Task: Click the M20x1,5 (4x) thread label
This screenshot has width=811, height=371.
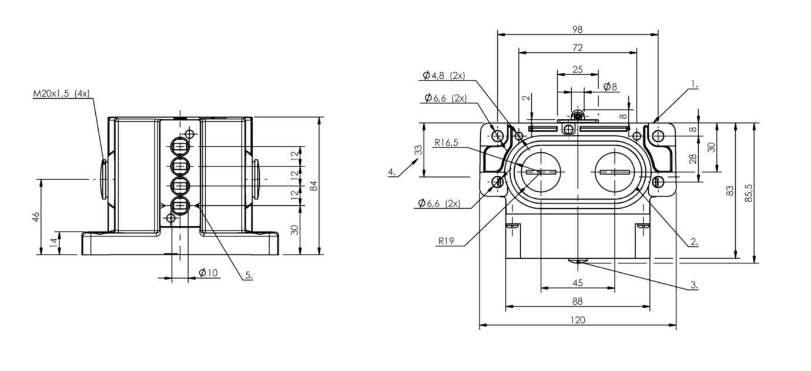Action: [x=61, y=93]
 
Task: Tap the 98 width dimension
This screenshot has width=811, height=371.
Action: [x=578, y=29]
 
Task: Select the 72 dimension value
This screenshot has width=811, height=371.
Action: [x=578, y=48]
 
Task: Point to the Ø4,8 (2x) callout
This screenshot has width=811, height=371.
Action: [x=444, y=75]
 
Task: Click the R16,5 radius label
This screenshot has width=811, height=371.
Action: [x=446, y=142]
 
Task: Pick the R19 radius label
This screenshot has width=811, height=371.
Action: [x=446, y=241]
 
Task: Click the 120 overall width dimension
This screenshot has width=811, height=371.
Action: [x=578, y=320]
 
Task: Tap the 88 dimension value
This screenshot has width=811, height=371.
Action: [x=578, y=301]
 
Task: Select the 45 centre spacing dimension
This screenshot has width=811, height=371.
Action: [x=578, y=283]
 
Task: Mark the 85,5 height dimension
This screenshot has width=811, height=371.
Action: [x=749, y=193]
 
